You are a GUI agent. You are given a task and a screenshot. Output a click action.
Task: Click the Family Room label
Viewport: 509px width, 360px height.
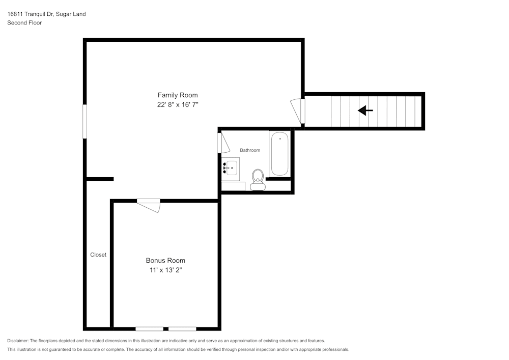(x=178, y=95)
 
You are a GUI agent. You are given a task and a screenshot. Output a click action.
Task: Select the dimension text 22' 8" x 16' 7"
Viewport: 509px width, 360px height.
(x=178, y=105)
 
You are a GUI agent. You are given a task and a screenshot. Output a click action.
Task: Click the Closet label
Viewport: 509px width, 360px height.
(x=98, y=255)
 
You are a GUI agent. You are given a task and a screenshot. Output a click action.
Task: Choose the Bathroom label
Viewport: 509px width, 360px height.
(x=250, y=150)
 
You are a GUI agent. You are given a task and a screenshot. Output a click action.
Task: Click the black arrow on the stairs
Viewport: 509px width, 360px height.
(x=365, y=110)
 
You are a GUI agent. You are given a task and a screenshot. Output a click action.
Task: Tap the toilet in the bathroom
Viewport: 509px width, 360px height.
(x=258, y=180)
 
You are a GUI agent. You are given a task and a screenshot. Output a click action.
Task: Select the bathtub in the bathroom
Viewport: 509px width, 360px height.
(x=279, y=154)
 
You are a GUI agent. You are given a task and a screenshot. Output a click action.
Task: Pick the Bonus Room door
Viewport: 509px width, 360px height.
(x=149, y=204)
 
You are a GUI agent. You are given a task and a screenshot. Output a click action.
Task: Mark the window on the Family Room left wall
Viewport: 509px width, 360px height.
(x=85, y=121)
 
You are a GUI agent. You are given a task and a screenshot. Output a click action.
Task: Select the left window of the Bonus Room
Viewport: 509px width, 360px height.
(x=149, y=328)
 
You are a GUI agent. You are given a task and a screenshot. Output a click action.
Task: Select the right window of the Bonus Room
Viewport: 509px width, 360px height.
(x=182, y=328)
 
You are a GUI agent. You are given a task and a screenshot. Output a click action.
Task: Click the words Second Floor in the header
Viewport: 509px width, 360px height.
(x=24, y=23)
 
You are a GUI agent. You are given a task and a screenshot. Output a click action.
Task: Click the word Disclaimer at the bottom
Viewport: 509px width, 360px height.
(x=18, y=341)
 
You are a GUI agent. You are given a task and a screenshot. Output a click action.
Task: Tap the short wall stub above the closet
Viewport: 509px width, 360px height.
(x=100, y=179)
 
